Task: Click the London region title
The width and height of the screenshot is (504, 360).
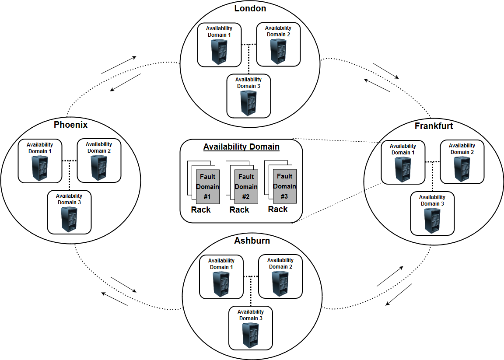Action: [x=250, y=8]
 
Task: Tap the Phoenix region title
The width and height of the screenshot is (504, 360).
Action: [x=70, y=125]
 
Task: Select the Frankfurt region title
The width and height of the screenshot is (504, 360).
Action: [x=434, y=126]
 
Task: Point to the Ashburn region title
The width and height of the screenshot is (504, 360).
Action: [x=252, y=241]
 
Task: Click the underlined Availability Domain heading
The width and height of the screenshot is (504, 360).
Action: [x=241, y=147]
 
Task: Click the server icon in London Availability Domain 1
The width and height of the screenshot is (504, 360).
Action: [x=219, y=52]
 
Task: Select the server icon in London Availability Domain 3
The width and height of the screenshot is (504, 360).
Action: [x=248, y=102]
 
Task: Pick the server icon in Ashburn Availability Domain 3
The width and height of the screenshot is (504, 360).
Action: [x=251, y=335]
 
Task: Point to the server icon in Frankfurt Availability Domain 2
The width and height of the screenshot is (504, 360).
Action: [x=462, y=169]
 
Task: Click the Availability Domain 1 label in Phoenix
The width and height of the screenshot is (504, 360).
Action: [x=40, y=148]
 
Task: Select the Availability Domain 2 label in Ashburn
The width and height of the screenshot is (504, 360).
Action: [x=280, y=263]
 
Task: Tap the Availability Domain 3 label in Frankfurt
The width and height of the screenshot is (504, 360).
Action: [x=432, y=200]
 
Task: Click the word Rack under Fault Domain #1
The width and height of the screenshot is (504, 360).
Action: [x=201, y=210]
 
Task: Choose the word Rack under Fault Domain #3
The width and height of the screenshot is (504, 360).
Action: [x=278, y=210]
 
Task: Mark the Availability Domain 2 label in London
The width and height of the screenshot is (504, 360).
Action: [x=278, y=31]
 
